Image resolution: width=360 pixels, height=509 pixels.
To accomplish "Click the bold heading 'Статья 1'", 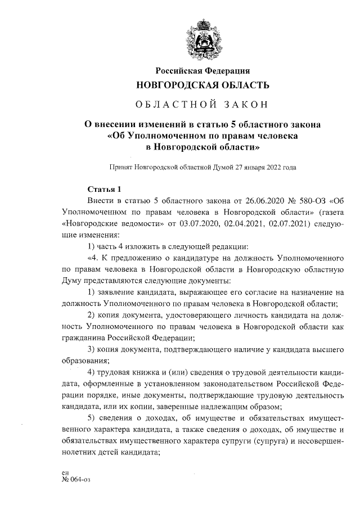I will tap(105, 189).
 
